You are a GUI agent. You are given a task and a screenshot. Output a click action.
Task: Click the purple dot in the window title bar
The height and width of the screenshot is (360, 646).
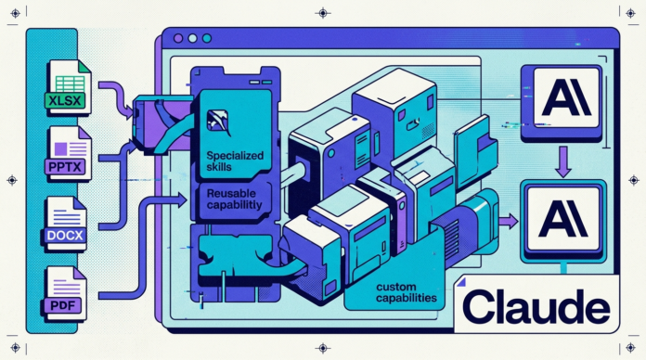pos(178,39)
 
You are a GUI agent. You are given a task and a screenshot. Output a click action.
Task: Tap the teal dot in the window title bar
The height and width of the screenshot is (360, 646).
pos(206,39)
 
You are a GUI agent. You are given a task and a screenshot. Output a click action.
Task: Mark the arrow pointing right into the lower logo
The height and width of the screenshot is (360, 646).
pos(508,221)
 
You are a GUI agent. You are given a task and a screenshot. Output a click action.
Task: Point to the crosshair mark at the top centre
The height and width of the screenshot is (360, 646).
pos(322,12)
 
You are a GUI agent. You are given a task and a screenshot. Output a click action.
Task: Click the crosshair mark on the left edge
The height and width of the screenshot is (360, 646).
pos(12,180)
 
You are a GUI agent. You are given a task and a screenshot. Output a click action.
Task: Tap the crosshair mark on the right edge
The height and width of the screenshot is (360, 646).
pos(635,180)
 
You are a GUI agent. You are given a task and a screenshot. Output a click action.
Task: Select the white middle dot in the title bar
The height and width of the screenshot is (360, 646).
pos(192,39)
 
